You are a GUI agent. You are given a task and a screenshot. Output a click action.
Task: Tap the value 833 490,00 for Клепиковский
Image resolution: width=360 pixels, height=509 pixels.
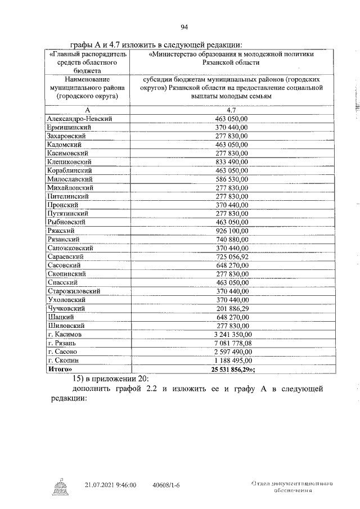(x=236, y=162)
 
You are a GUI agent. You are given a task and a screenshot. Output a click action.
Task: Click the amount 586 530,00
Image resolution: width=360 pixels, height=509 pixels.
(x=236, y=179)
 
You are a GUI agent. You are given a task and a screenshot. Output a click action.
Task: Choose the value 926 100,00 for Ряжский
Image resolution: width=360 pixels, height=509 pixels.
(x=236, y=231)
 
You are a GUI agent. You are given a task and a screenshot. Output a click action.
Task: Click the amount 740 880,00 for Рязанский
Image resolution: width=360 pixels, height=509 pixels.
(x=236, y=240)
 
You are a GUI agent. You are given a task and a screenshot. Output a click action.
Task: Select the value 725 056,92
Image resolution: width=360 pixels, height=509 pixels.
(x=236, y=256)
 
